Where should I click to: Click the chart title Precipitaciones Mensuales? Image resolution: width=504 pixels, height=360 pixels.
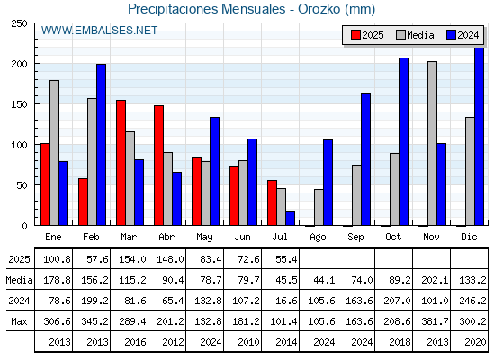coord(206,9)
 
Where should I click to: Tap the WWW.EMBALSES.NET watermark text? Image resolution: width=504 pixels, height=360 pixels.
coord(99,31)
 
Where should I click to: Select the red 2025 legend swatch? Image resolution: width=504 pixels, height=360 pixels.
coord(355,35)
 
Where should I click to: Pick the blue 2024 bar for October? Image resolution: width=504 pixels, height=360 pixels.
coord(403,142)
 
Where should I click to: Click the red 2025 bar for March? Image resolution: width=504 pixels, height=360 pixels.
coord(121,163)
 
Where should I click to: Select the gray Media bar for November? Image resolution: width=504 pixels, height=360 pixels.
coord(432,144)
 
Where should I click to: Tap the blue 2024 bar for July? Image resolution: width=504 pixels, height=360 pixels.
coord(290,219)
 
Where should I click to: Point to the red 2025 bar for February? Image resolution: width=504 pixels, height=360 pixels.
coord(83,202)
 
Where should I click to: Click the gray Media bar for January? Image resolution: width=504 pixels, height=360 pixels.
coord(54,153)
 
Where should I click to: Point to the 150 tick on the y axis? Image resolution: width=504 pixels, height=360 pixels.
coord(19,104)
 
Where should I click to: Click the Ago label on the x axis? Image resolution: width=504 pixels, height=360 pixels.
coord(318,238)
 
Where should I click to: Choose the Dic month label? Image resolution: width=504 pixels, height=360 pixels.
coord(469,237)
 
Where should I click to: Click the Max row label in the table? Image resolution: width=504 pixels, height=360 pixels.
coord(19,321)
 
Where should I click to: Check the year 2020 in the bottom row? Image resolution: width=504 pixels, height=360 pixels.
coord(475,342)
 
